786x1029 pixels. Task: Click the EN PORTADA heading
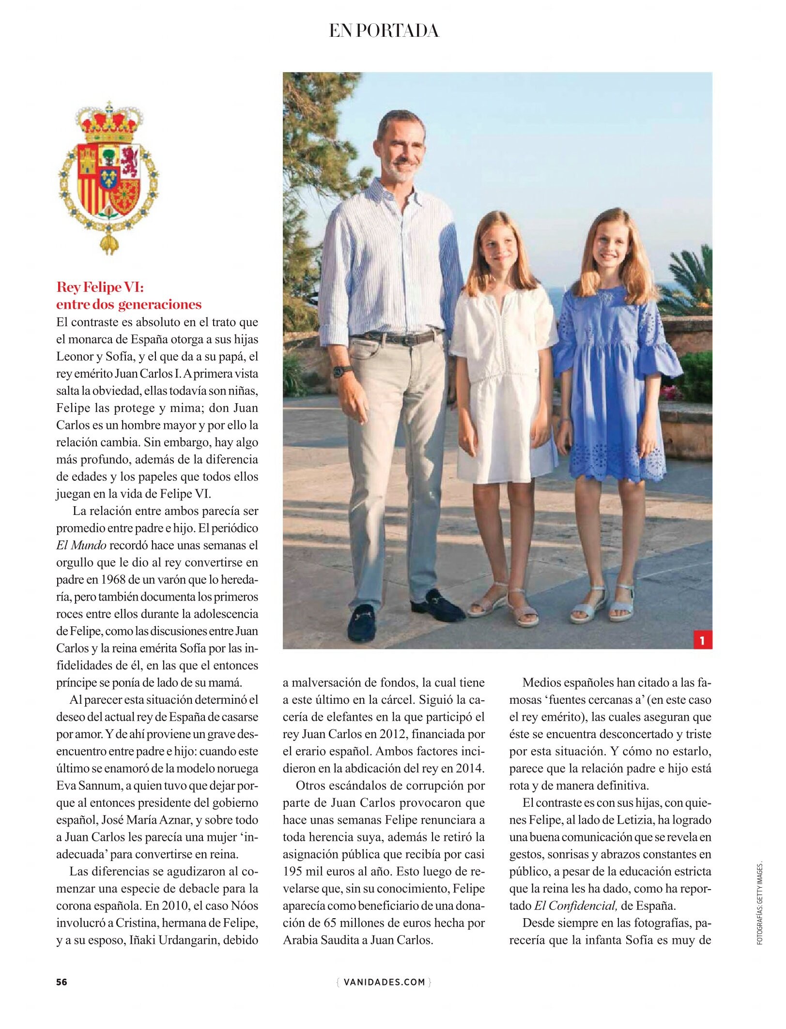pos(384,31)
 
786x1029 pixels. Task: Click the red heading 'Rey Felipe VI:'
pos(100,287)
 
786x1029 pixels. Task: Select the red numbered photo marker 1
pos(702,641)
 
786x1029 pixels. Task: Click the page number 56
pos(62,982)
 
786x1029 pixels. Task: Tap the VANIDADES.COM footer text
pos(384,982)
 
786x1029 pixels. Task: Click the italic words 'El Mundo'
pos(81,545)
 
